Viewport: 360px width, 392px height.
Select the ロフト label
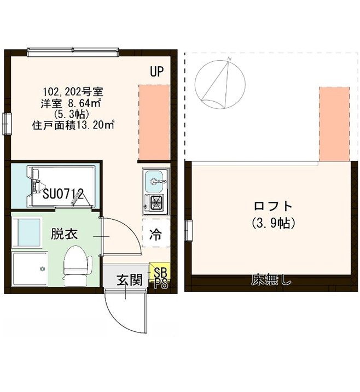(273, 207)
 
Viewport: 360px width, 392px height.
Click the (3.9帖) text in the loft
(274, 223)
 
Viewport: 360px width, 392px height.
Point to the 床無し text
(271, 281)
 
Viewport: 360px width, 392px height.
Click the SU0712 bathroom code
(63, 194)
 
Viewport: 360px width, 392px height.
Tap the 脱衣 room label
(65, 235)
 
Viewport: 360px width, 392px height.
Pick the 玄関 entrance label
(130, 281)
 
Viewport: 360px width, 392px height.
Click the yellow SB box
(160, 272)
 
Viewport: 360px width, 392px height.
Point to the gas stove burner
(155, 203)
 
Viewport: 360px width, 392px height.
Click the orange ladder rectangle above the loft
(333, 124)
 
